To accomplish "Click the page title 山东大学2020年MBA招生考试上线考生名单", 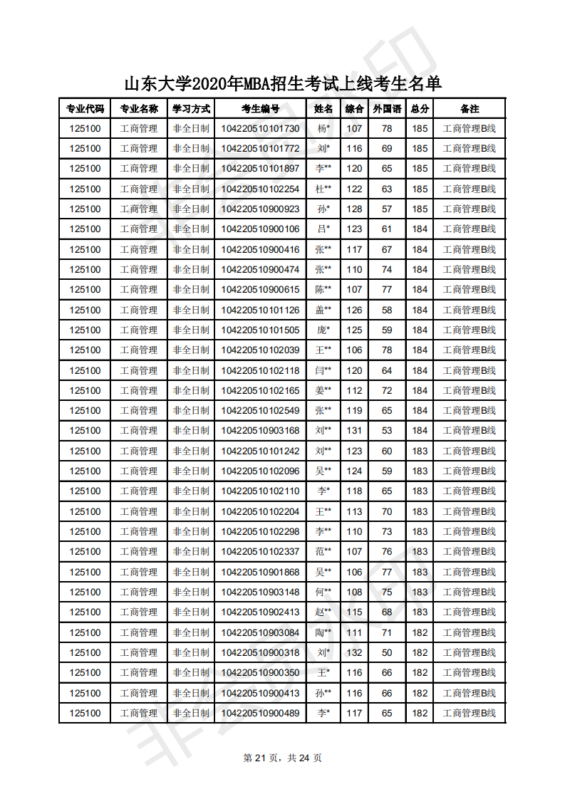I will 283,84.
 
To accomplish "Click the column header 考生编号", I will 260,109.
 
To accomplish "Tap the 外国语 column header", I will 387,109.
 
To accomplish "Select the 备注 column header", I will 470,109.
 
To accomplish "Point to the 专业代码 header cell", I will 85,109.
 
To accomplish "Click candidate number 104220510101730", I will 260,129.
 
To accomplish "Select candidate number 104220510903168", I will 260,430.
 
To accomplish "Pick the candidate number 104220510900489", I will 260,713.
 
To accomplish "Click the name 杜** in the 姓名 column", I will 323,189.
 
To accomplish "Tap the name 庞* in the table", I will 323,330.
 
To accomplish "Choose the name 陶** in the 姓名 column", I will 323,632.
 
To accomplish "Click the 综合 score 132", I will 354,652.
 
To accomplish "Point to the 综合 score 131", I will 354,430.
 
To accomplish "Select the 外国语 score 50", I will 387,652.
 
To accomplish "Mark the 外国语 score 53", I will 387,430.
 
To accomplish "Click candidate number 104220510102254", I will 260,189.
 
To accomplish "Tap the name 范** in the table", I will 323,551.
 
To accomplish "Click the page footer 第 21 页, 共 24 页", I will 283,758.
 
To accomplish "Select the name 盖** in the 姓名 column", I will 323,310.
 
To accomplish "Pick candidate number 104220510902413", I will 260,612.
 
